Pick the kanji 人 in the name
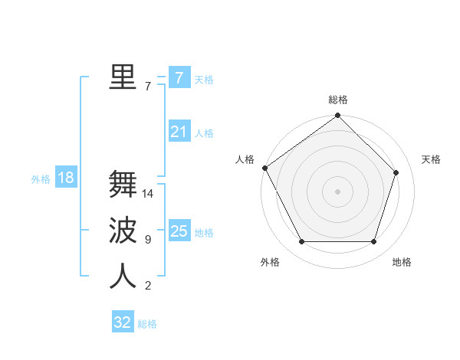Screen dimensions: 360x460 [123, 276]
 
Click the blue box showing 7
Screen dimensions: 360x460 [179, 77]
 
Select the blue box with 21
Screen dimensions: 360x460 [179, 132]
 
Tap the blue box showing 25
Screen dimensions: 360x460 [179, 231]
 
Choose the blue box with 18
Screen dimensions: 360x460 [66, 178]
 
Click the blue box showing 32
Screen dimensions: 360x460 [123, 322]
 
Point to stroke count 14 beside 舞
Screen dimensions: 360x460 [148, 194]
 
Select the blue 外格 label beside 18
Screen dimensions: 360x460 [41, 179]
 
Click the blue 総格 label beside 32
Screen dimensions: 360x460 [147, 324]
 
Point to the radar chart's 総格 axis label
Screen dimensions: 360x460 [338, 100]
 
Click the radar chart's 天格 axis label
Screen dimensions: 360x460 [432, 159]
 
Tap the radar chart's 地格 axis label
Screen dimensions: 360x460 [402, 262]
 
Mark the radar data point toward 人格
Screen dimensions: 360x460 [265, 168]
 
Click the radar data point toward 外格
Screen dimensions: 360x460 [301, 242]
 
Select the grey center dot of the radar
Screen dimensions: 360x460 [338, 191]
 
